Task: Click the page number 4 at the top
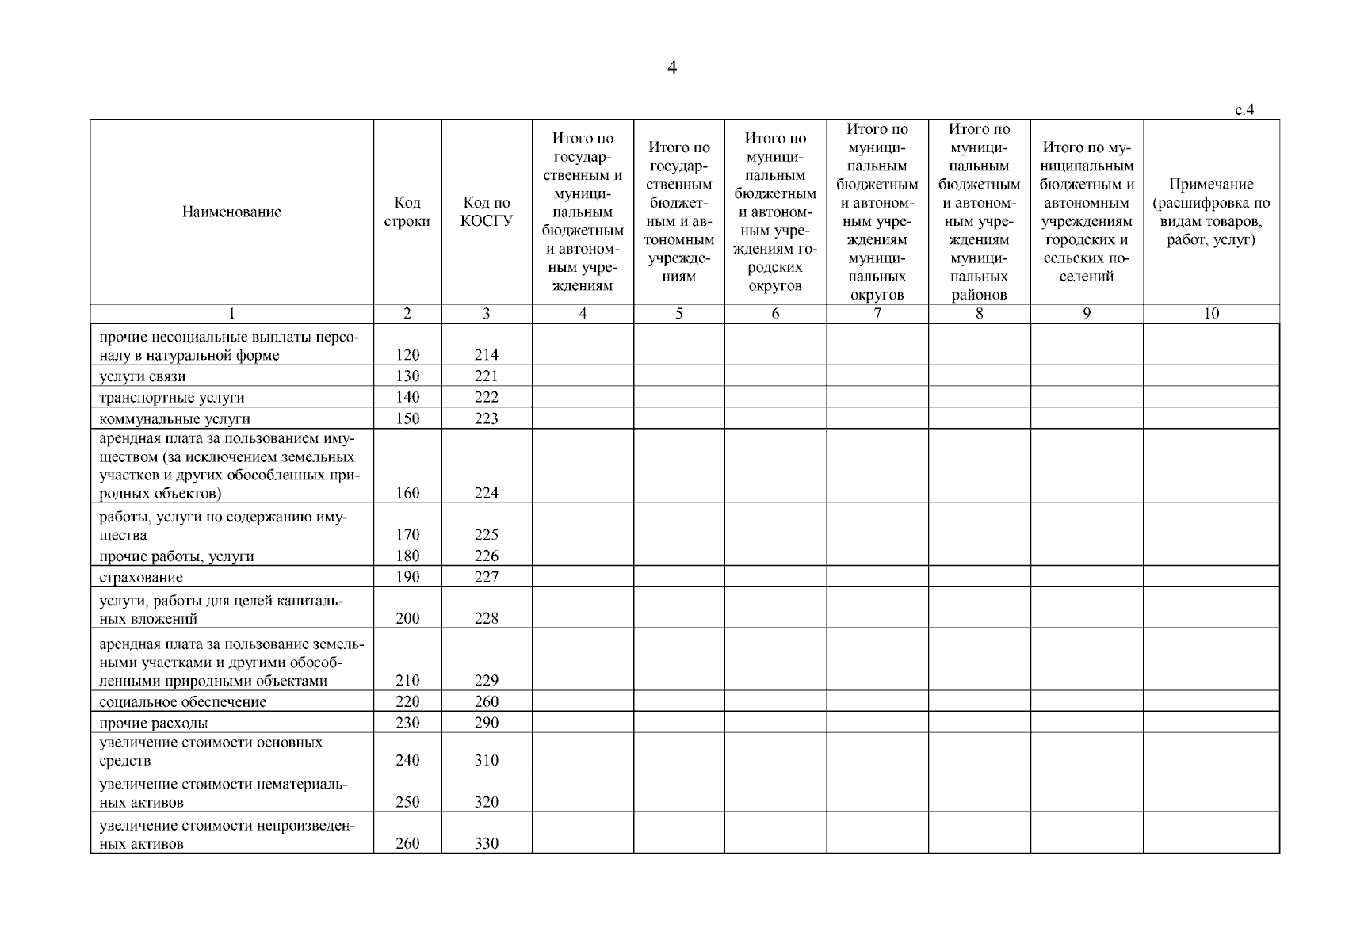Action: pos(672,68)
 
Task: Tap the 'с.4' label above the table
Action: pos(1244,110)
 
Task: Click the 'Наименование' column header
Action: pos(231,212)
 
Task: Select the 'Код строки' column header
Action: pos(407,212)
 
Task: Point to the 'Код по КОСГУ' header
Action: pos(487,212)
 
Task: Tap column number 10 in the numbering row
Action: pos(1211,314)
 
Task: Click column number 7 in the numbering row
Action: pos(877,314)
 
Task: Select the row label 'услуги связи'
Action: pos(143,376)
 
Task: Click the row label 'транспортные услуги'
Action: pos(172,398)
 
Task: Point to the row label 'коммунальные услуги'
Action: pos(174,419)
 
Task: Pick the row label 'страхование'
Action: pos(141,578)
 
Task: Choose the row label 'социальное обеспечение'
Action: pos(182,702)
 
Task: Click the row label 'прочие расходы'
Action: pos(154,724)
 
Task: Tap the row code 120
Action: pos(407,355)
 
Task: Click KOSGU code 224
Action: pos(487,493)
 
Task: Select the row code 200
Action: pos(407,619)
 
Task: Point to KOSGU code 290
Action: pos(487,723)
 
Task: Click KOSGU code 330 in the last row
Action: pos(487,844)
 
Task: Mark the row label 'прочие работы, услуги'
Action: pos(177,556)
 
